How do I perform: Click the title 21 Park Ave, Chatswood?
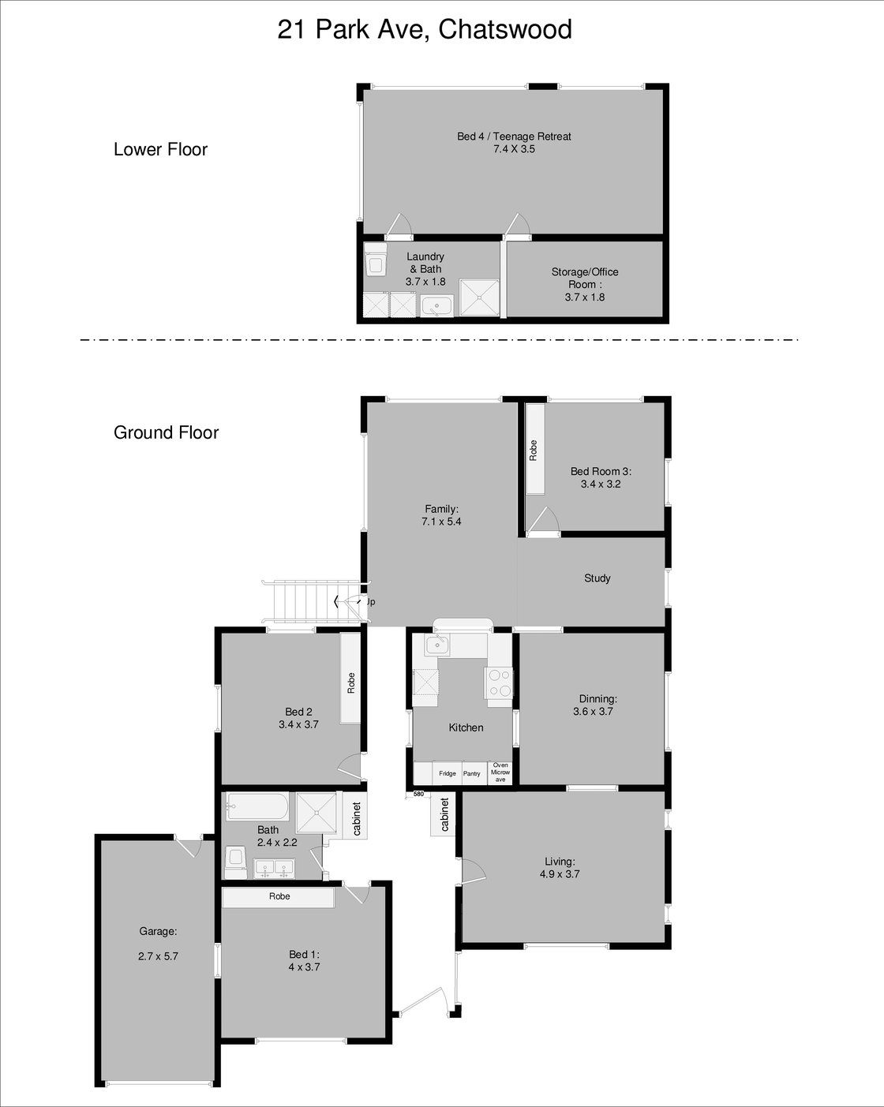click(x=425, y=30)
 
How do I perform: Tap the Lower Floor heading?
click(x=160, y=150)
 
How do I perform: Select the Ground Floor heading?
click(x=166, y=432)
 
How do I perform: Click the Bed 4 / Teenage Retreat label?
click(x=514, y=137)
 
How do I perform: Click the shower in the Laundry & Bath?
click(x=479, y=297)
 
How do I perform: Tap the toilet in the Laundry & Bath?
click(x=376, y=260)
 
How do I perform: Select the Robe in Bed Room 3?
click(x=534, y=450)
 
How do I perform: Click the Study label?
click(x=597, y=578)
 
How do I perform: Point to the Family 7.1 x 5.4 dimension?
click(x=441, y=522)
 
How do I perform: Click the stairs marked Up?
click(x=308, y=601)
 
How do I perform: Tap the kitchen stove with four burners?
click(x=499, y=683)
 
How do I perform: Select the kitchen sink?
click(x=436, y=645)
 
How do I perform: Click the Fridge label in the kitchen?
click(x=448, y=774)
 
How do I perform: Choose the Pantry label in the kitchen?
click(x=472, y=774)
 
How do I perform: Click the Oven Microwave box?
click(x=500, y=772)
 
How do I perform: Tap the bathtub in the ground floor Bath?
click(x=257, y=807)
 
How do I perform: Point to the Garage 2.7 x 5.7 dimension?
click(x=158, y=956)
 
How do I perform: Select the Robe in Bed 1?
click(x=279, y=897)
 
